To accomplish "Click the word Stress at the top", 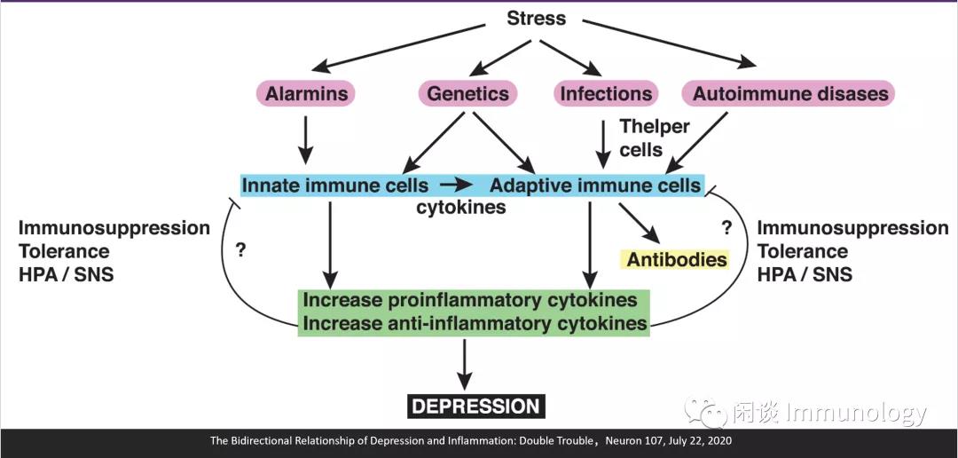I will pyautogui.click(x=537, y=18).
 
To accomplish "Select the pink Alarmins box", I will pyautogui.click(x=305, y=93).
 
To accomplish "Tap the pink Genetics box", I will pyautogui.click(x=467, y=93).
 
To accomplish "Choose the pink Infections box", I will pyautogui.click(x=606, y=93).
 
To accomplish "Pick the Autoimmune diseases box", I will pyautogui.click(x=789, y=93).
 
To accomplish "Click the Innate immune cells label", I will pyautogui.click(x=334, y=186).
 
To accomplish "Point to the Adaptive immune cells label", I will pyautogui.click(x=595, y=186).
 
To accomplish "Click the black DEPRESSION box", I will pyautogui.click(x=475, y=407).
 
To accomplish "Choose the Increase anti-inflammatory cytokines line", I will pyautogui.click(x=475, y=322).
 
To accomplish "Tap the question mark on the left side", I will pyautogui.click(x=240, y=250).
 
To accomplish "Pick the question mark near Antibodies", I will pyautogui.click(x=726, y=228).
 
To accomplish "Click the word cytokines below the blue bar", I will pyautogui.click(x=461, y=208).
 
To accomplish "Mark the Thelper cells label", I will pyautogui.click(x=655, y=138).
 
